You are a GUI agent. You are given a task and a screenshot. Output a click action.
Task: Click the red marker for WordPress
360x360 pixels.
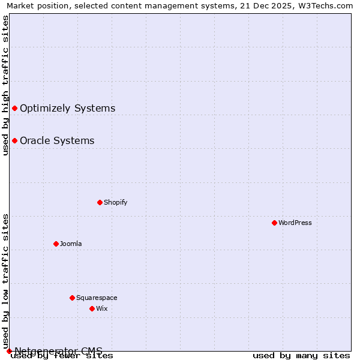tap(274, 223)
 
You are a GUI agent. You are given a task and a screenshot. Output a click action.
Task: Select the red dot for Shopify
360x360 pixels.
tap(100, 202)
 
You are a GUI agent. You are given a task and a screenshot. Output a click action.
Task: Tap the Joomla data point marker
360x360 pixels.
tap(56, 244)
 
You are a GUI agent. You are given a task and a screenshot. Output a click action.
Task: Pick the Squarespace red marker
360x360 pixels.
tap(72, 298)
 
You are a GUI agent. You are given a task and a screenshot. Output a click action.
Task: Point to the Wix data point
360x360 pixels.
tap(92, 308)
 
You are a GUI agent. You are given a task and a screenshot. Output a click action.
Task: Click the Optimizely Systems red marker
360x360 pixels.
tap(14, 108)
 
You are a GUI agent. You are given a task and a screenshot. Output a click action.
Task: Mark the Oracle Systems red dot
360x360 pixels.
tap(14, 140)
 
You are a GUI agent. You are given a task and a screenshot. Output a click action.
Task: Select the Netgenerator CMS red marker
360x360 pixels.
tap(9, 351)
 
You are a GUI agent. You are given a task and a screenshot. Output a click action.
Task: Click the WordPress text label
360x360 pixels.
tap(295, 223)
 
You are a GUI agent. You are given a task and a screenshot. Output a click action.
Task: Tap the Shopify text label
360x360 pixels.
tap(115, 202)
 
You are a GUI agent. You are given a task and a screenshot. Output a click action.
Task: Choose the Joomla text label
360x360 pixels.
tap(71, 244)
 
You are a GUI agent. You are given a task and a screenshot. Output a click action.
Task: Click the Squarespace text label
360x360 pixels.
tap(97, 298)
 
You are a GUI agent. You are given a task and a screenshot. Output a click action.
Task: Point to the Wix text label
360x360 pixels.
tap(101, 308)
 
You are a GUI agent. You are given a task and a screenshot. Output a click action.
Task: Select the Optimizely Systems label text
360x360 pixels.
tap(67, 109)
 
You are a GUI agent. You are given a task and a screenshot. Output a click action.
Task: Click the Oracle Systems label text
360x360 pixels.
tap(57, 141)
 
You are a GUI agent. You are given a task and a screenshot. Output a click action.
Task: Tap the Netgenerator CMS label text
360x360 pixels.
tap(58, 350)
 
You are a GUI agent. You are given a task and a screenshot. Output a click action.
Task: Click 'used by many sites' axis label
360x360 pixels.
tap(301, 355)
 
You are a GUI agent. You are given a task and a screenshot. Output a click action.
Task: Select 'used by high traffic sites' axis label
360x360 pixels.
tap(6, 85)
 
